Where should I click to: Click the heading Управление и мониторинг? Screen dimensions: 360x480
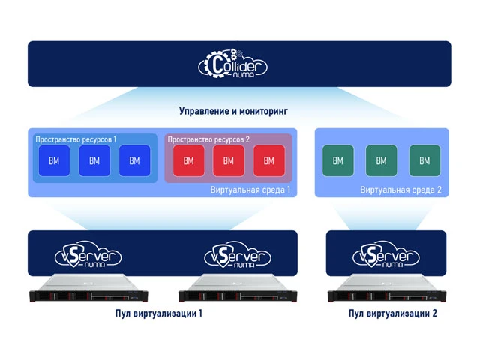pos(233,111)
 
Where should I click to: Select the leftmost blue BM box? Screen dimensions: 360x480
pos(54,160)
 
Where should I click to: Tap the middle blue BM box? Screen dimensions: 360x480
pos(94,160)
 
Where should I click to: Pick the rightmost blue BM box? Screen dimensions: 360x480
pos(134,160)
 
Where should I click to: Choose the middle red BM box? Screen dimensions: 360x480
pos(228,160)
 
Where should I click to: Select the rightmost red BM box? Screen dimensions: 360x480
pos(268,160)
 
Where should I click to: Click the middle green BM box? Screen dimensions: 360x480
pos(381,160)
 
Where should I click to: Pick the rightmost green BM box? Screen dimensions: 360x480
pos(424,160)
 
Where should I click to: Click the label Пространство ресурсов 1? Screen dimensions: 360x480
pos(76,139)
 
